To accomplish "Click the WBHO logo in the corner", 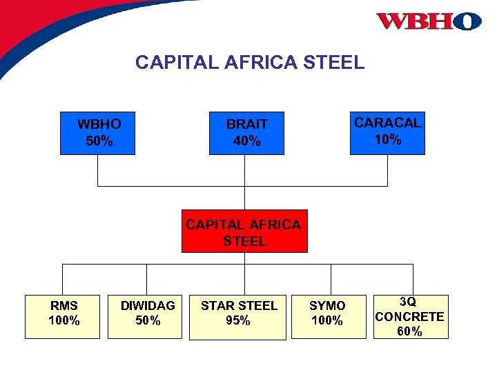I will click(x=428, y=21).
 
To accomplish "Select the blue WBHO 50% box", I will click(x=98, y=133).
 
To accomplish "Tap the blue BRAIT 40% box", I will click(x=246, y=133).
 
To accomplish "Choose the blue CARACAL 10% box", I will click(x=387, y=132).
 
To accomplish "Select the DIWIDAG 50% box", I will click(x=145, y=316).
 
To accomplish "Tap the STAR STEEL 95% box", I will click(x=237, y=316).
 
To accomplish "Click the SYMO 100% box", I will click(x=328, y=316).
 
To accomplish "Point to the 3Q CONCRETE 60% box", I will click(x=409, y=316).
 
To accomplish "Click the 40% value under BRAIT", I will click(x=246, y=142).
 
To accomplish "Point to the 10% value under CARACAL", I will click(x=387, y=140).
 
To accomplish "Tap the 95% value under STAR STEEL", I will click(x=237, y=321).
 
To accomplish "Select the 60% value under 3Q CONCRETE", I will click(x=409, y=331).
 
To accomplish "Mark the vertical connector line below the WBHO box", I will click(x=97, y=170).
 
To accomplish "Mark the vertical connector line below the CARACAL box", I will click(x=387, y=170).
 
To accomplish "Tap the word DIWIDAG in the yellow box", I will click(x=148, y=305).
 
